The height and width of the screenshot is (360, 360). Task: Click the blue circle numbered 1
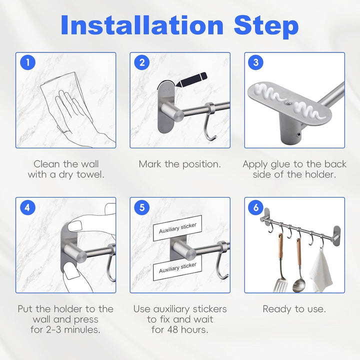coord(28,62)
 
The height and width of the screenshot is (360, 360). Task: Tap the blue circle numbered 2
coord(142,62)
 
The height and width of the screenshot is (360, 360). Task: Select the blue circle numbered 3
coord(256,62)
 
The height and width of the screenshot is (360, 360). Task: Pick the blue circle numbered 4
coord(28,207)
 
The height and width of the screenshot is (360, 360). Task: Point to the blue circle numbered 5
coord(142,207)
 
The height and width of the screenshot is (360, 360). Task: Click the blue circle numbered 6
coord(256,207)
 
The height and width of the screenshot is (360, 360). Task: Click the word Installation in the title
coord(142,25)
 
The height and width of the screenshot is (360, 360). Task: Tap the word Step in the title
coord(266,26)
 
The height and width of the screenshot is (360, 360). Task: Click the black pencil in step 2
coord(191,80)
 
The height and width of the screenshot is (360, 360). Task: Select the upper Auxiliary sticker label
coord(177,228)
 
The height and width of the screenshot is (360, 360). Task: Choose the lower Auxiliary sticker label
coord(177,267)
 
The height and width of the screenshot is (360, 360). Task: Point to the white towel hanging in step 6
coord(320,270)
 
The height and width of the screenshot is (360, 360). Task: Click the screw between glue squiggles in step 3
coord(287,104)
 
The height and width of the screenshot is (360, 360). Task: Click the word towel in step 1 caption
coord(90,174)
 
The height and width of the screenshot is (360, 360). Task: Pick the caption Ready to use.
coord(294,309)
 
